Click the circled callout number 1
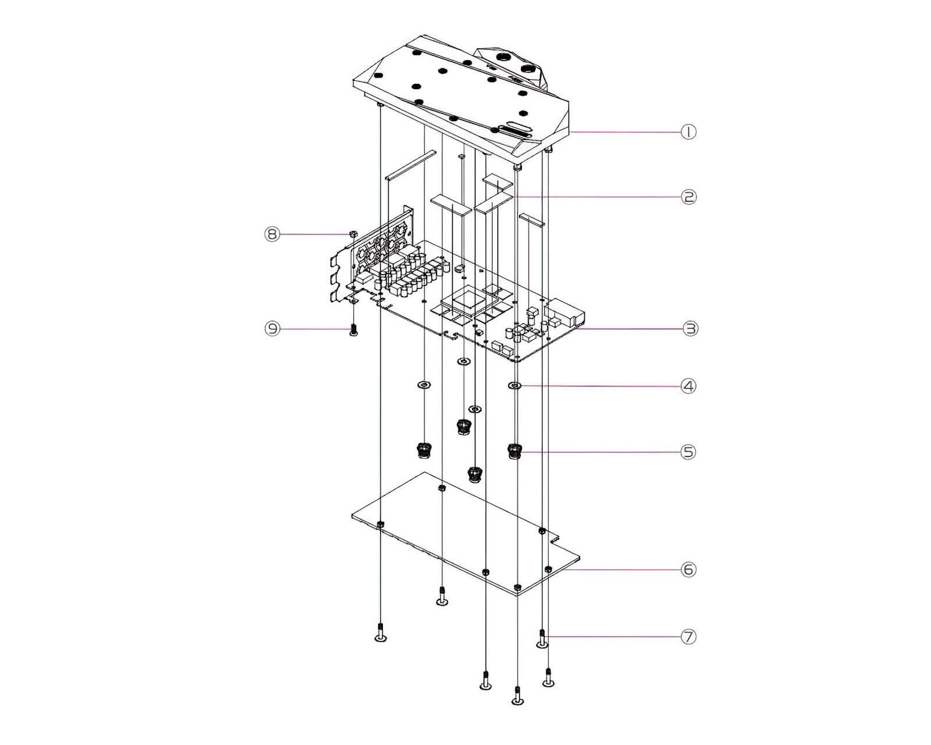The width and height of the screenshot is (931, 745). point(688,132)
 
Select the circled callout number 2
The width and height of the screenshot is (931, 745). point(689,197)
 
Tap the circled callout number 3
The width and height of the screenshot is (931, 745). point(691,329)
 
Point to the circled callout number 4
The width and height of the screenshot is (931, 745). point(688,386)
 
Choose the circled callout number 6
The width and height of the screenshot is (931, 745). point(689,570)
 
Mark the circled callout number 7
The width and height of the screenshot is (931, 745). point(689,637)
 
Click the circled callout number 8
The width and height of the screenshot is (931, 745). point(272,234)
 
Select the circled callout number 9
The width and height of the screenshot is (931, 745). point(272,329)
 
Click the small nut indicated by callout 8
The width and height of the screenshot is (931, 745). point(353,234)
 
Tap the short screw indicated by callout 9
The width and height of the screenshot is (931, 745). point(353,331)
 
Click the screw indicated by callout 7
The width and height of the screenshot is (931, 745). point(542,640)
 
